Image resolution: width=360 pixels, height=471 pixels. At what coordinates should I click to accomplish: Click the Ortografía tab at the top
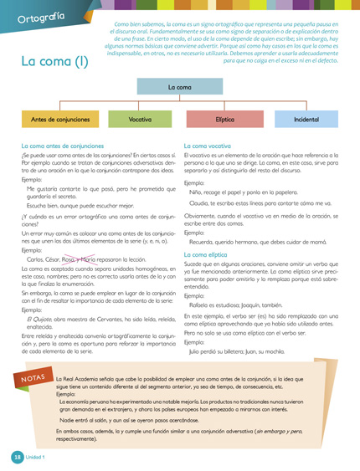[x=40, y=16]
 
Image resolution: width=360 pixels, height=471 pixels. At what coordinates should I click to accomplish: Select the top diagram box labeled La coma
[x=179, y=87]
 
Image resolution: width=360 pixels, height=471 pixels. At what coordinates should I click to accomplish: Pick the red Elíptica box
[x=224, y=120]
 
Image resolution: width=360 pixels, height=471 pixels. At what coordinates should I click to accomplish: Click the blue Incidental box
[x=306, y=120]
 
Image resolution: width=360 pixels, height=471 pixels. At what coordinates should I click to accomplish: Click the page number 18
[x=16, y=457]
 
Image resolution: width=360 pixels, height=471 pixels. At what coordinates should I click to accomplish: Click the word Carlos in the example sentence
[x=37, y=259]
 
